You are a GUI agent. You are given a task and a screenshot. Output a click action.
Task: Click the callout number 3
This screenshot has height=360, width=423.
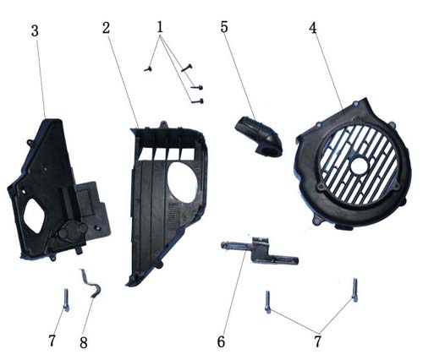[35, 31]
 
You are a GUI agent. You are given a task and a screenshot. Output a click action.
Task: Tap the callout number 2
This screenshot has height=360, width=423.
[106, 28]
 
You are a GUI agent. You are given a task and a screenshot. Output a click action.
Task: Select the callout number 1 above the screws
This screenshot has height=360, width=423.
[160, 27]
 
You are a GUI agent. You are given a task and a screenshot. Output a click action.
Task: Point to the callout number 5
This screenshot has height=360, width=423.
[224, 27]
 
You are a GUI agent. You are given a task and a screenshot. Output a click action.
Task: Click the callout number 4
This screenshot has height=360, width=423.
[313, 28]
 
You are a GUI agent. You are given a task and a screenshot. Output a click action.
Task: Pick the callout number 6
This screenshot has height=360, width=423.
[222, 341]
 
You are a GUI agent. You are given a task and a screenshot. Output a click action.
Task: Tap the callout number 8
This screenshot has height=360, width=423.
[84, 343]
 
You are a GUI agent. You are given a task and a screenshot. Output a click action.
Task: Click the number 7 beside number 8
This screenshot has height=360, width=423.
[52, 341]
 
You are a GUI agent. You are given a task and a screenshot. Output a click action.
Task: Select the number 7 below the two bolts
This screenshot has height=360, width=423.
[318, 341]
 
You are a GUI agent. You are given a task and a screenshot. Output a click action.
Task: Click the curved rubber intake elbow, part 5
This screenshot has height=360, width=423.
[260, 137]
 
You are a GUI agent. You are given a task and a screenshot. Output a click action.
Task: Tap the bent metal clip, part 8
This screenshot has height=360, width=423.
[90, 282]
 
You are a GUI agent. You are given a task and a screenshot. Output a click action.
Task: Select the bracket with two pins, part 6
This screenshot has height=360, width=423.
[259, 250]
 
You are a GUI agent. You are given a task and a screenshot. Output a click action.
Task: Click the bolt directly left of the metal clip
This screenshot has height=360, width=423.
[66, 300]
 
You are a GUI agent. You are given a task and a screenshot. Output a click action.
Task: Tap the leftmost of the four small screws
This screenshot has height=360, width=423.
[148, 68]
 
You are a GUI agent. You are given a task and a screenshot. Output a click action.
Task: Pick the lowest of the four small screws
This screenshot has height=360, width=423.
[197, 101]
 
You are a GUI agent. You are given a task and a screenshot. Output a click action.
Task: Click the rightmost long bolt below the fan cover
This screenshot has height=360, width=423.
[355, 290]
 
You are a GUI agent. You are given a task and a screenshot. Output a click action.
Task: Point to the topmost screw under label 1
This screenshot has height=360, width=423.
[187, 68]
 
